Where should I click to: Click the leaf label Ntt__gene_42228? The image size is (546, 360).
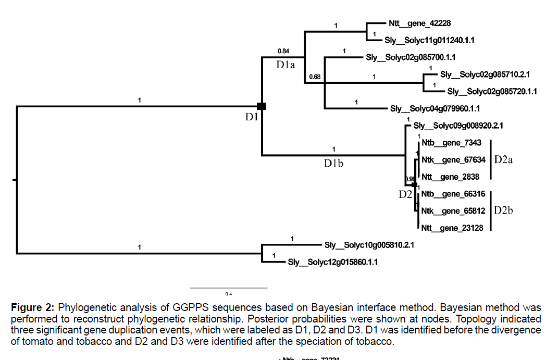pyautogui.click(x=419, y=23)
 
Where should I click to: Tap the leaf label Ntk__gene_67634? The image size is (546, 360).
pyautogui.click(x=453, y=160)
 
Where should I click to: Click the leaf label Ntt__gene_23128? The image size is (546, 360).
pyautogui.click(x=453, y=228)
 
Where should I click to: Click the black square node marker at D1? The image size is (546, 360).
pyautogui.click(x=262, y=106)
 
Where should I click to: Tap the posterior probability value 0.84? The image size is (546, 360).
pyautogui.click(x=283, y=51)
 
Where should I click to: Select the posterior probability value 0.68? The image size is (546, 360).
pyautogui.click(x=314, y=77)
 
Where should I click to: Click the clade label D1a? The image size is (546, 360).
pyautogui.click(x=286, y=65)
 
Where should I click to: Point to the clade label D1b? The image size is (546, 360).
pyautogui.click(x=333, y=163)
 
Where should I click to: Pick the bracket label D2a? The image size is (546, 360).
pyautogui.click(x=503, y=159)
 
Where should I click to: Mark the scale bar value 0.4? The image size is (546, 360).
pyautogui.click(x=228, y=294)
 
